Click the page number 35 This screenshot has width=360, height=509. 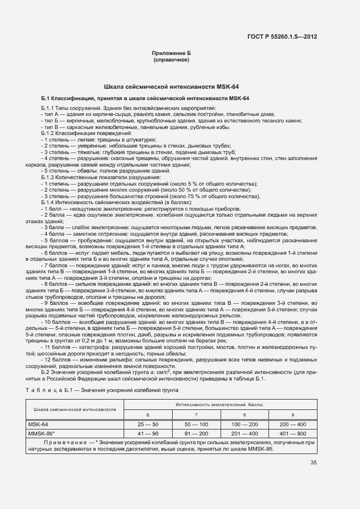(x=314, y=463)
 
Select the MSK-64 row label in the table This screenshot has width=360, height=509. (x=38, y=424)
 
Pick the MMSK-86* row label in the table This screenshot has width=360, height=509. (x=41, y=433)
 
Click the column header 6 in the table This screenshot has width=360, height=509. (x=148, y=415)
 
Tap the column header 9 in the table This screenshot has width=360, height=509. (x=293, y=415)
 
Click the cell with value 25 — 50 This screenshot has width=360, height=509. (x=148, y=424)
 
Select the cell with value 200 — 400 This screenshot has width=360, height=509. (x=293, y=424)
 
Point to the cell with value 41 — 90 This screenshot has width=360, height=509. (x=148, y=433)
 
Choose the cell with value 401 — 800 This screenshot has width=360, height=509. (x=293, y=433)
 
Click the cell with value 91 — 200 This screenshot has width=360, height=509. (x=196, y=433)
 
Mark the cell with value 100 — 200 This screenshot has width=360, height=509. (x=245, y=424)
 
